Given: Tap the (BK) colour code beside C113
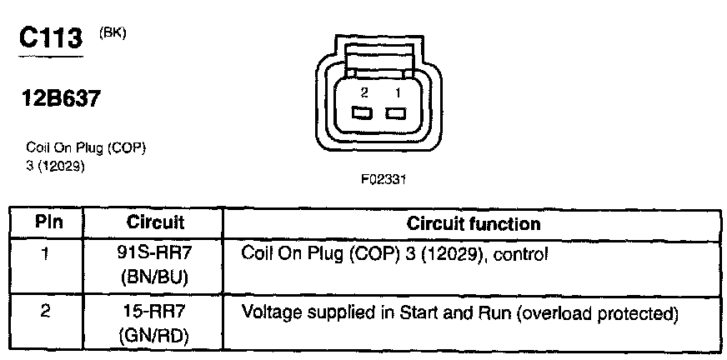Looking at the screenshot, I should (x=112, y=33).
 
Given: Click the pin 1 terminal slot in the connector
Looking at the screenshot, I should (x=395, y=112).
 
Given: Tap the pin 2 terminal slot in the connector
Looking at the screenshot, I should (x=361, y=112).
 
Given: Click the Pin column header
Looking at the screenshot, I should (x=48, y=223).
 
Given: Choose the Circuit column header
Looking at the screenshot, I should (x=155, y=223).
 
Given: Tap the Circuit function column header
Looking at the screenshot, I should (x=473, y=223).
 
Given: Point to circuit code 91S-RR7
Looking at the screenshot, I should (x=154, y=251).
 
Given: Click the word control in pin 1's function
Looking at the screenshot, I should (x=522, y=252).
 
